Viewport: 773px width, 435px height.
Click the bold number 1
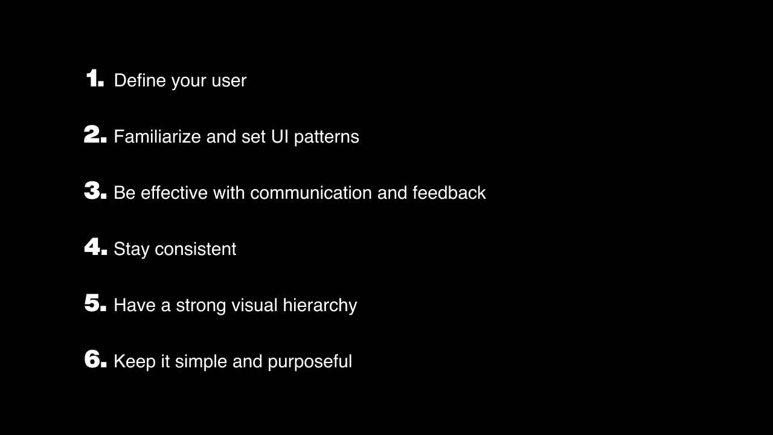pos(93,79)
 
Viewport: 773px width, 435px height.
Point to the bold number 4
pos(93,247)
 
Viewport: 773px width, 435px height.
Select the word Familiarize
pos(157,137)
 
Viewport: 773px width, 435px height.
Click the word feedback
pos(449,193)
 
